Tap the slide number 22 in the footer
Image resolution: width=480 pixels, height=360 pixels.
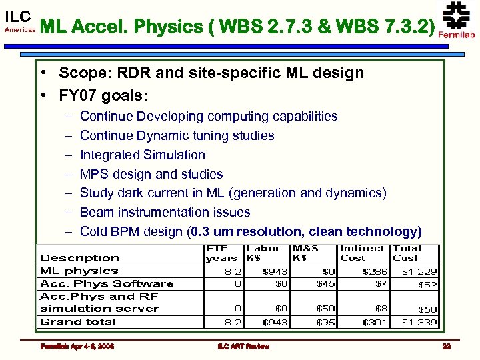pyautogui.click(x=446, y=346)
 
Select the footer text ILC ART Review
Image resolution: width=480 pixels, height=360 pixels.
pyautogui.click(x=243, y=346)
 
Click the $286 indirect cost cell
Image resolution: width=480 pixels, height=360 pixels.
pyautogui.click(x=374, y=271)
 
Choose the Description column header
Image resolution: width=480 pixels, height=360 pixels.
pyautogui.click(x=79, y=258)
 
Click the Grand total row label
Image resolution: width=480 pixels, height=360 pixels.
pyautogui.click(x=78, y=322)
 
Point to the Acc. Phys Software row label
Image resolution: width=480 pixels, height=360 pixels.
pyautogui.click(x=107, y=284)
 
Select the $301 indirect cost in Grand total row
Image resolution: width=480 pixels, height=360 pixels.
pyautogui.click(x=374, y=322)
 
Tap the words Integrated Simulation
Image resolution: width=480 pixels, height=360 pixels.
pyautogui.click(x=142, y=155)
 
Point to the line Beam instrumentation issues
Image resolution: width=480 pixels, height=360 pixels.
pyautogui.click(x=165, y=212)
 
